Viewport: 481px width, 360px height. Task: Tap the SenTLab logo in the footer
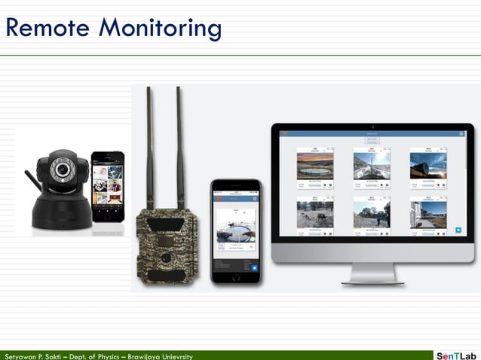457,355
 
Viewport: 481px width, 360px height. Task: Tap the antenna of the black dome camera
31,181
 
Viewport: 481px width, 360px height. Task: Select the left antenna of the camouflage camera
149,147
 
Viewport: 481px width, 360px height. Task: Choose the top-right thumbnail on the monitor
428,165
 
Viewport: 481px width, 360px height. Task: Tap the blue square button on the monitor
458,230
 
